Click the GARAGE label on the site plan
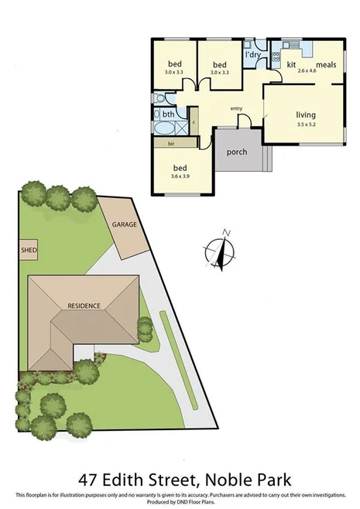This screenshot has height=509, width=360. pyautogui.click(x=125, y=224)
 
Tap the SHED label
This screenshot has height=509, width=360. pyautogui.click(x=29, y=251)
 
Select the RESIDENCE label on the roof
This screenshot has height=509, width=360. pyautogui.click(x=84, y=306)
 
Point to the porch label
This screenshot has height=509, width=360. pyautogui.click(x=236, y=152)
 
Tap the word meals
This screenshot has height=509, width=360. pyautogui.click(x=325, y=65)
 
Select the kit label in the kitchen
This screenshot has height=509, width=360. pyautogui.click(x=292, y=65)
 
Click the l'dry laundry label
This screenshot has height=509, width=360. pyautogui.click(x=252, y=56)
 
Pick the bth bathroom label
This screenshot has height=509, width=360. pyautogui.click(x=167, y=115)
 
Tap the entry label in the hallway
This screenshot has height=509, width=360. pyautogui.click(x=237, y=108)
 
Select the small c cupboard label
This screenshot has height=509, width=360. pyautogui.click(x=193, y=122)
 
